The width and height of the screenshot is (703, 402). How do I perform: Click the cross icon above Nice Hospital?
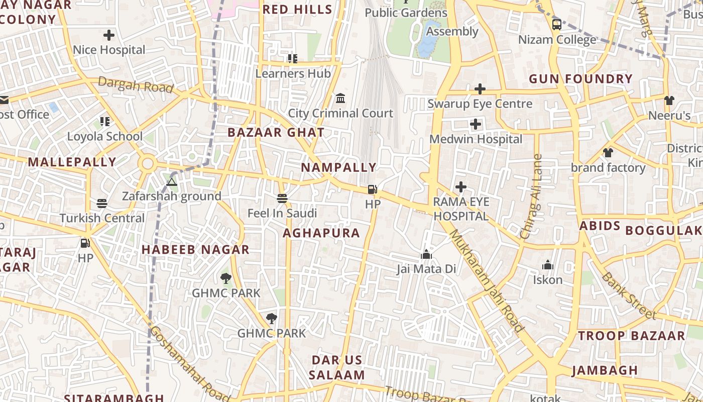108,35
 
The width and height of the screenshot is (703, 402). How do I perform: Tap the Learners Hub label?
293,73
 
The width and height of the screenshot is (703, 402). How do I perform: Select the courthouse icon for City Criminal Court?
340,98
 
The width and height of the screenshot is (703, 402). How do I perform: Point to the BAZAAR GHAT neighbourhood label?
276,133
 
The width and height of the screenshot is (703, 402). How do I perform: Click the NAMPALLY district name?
338,167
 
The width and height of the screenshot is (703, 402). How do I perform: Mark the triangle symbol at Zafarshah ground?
172,182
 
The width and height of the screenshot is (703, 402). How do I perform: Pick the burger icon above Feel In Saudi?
282,198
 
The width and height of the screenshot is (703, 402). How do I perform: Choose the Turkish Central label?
102,218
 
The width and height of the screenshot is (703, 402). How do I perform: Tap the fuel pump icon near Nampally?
373,189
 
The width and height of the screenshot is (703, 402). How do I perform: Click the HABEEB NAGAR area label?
195,250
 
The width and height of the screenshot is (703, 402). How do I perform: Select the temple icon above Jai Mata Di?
426,254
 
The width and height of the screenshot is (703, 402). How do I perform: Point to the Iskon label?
547,280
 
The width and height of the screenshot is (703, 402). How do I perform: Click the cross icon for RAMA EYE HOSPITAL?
460,187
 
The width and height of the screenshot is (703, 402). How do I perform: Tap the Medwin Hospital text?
476,139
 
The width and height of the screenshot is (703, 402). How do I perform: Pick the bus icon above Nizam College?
556,25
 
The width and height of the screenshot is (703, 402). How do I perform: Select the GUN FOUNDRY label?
580,79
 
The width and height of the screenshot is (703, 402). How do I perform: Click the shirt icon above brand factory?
608,153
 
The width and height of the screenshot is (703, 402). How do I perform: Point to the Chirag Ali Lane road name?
531,196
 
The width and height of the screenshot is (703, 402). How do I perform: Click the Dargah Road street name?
136,85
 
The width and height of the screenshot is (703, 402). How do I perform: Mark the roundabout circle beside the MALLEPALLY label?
148,163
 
